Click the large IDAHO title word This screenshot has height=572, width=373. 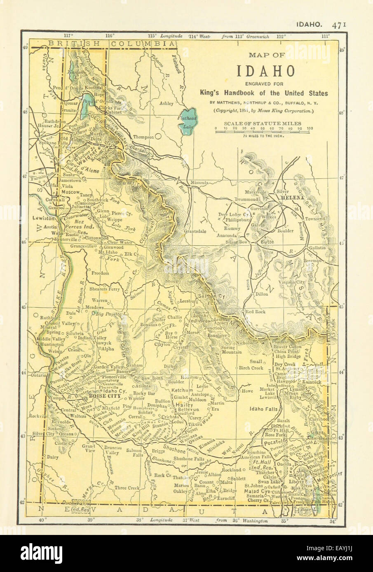coord(265,71)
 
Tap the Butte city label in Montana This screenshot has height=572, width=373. coord(267,244)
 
